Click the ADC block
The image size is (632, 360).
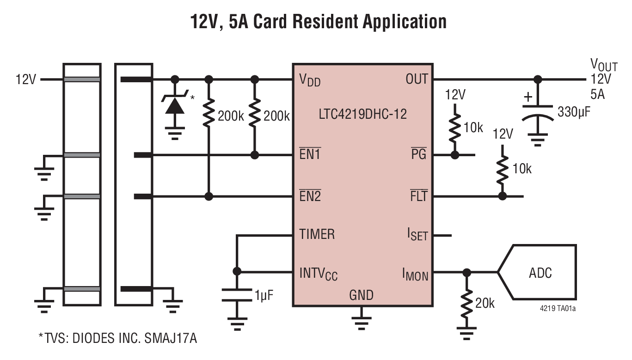point(540,272)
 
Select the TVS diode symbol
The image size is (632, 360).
point(175,105)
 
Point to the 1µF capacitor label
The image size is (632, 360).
point(264,295)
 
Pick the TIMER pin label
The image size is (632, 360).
point(317,234)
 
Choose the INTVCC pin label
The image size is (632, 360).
point(319,273)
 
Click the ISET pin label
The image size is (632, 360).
point(417,235)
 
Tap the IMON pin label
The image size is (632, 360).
point(415,275)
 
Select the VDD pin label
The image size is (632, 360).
point(310,80)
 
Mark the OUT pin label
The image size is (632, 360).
point(417,79)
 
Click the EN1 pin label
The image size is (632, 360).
point(310,154)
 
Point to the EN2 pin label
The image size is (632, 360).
point(310,196)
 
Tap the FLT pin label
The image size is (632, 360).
point(419,196)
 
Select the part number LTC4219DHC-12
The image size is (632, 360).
point(362,114)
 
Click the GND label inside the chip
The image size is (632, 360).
point(361,294)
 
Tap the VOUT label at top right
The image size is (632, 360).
point(604,64)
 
